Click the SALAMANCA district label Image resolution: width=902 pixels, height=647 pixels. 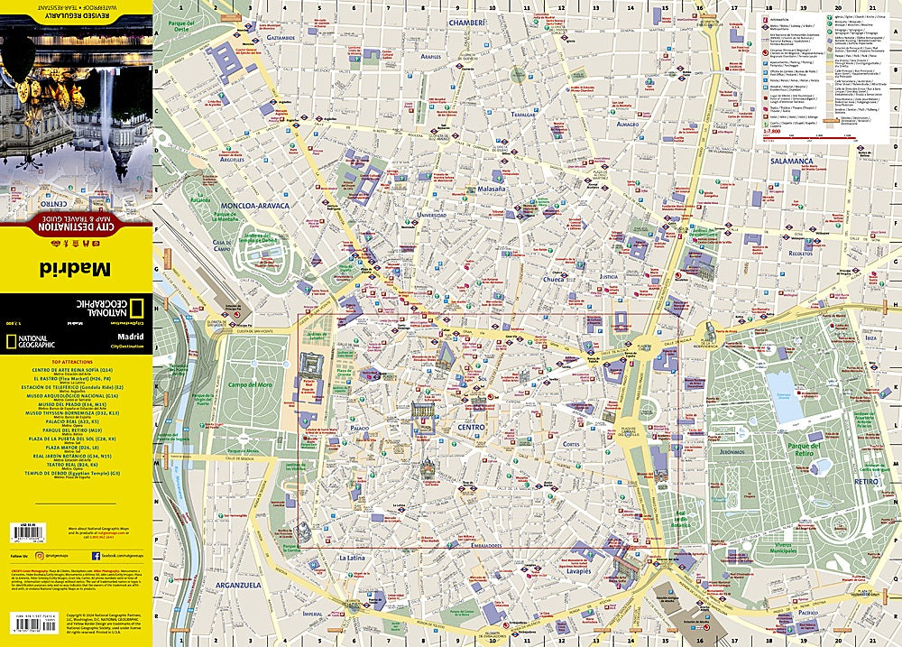point(786,162)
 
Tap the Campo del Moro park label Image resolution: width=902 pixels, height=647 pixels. point(249,385)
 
